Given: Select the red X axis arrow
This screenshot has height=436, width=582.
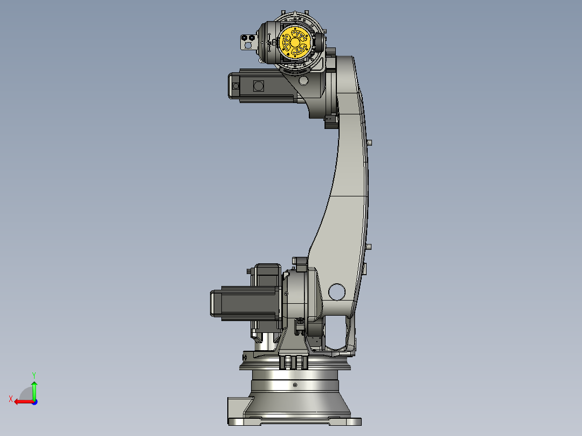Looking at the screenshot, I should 22,401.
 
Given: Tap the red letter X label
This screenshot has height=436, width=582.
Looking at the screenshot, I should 11,399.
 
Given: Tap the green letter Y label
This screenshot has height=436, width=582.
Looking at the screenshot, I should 33,374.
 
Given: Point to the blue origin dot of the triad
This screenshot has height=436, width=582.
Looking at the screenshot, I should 34,401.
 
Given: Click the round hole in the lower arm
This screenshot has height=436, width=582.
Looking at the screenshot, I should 336,291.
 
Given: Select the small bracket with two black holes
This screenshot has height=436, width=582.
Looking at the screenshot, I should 248,41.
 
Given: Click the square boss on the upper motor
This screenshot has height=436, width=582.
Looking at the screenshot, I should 258,86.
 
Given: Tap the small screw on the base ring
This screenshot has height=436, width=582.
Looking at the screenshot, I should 295,385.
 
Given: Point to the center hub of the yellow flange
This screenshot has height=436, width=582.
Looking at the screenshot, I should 295,42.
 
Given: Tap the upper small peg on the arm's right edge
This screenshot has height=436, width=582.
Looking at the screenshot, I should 370,143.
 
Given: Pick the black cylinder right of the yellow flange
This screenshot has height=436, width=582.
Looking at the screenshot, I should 319,42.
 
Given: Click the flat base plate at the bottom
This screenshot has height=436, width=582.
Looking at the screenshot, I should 294,421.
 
